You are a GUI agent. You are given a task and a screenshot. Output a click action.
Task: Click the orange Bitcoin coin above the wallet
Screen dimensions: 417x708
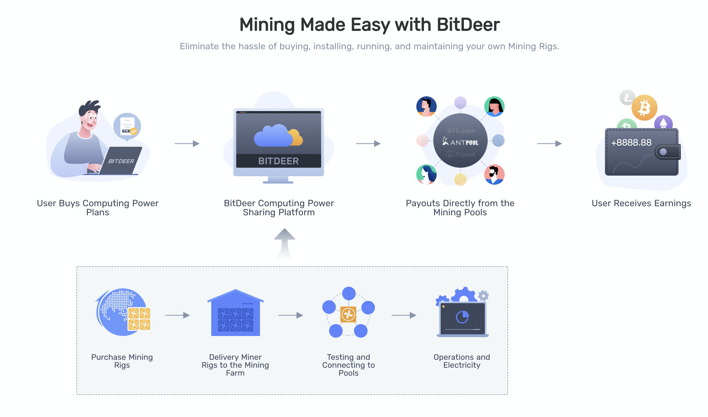pyautogui.click(x=644, y=108)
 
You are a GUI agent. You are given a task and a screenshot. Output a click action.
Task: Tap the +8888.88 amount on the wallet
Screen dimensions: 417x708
pyautogui.click(x=631, y=142)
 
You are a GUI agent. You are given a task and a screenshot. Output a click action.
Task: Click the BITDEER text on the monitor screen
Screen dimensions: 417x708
pyautogui.click(x=278, y=161)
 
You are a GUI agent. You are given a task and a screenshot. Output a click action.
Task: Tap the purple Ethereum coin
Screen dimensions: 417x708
pyautogui.click(x=663, y=123)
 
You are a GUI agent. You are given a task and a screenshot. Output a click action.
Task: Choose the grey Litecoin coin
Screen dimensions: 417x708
pyautogui.click(x=627, y=98)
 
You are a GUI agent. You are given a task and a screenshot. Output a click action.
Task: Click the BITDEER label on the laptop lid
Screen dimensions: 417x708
pyautogui.click(x=121, y=161)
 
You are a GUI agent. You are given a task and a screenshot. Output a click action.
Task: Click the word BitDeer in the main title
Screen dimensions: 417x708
pyautogui.click(x=468, y=25)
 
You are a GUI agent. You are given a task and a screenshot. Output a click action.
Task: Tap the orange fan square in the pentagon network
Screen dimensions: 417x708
pyautogui.click(x=348, y=314)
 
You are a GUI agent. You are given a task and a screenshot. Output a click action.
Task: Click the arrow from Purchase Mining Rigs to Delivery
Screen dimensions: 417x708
pyautogui.click(x=177, y=315)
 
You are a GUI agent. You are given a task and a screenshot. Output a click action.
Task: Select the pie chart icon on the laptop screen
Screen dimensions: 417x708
pyautogui.click(x=462, y=317)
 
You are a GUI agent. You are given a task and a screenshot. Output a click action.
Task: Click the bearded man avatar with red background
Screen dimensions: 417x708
pyautogui.click(x=494, y=175)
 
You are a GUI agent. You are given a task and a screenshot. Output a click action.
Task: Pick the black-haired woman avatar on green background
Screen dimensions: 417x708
pyautogui.click(x=494, y=106)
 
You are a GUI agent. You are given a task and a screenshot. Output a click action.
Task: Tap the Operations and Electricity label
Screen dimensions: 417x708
pyautogui.click(x=462, y=361)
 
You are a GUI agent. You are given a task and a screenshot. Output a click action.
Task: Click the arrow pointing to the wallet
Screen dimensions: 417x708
pyautogui.click(x=549, y=144)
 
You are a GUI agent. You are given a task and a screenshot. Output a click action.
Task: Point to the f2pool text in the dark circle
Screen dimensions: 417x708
pyautogui.click(x=461, y=155)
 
